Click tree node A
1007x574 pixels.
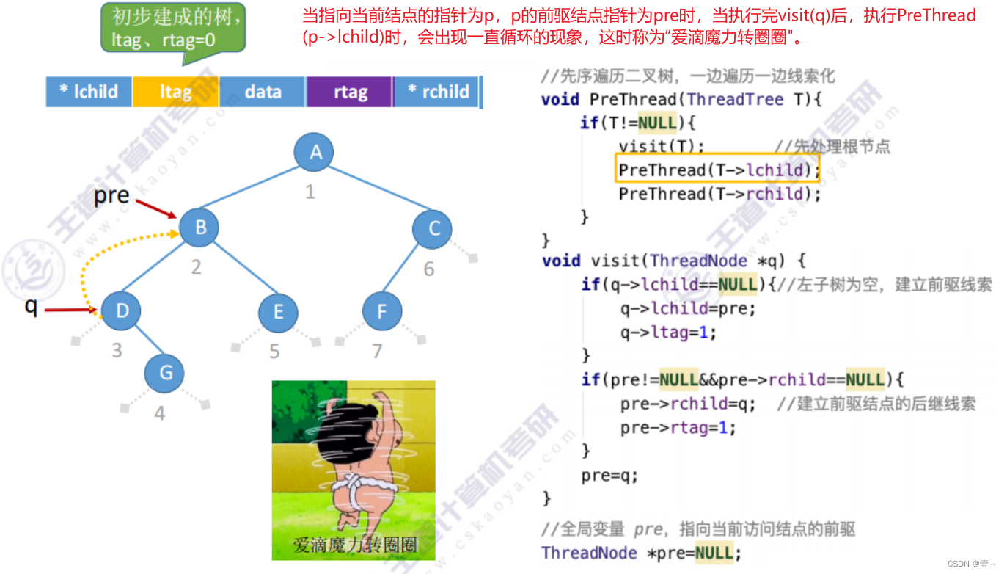click(x=315, y=152)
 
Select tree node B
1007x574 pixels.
click(x=200, y=228)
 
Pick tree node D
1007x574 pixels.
click(x=122, y=310)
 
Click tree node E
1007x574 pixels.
click(x=278, y=312)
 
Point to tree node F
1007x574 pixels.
click(x=381, y=311)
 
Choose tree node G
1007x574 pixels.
click(x=166, y=372)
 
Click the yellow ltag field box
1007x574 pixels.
click(x=175, y=92)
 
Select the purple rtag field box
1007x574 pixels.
click(x=350, y=92)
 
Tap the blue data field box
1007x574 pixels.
click(x=263, y=92)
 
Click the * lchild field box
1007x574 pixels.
click(x=89, y=92)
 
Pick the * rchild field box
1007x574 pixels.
click(x=438, y=92)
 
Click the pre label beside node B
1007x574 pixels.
click(x=111, y=196)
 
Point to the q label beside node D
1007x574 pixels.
click(x=31, y=305)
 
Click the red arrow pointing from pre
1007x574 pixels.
click(x=156, y=208)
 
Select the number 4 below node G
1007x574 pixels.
click(x=159, y=413)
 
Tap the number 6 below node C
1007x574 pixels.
click(x=429, y=269)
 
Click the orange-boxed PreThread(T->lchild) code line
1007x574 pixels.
click(x=717, y=170)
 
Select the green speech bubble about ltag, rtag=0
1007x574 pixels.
click(x=173, y=27)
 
